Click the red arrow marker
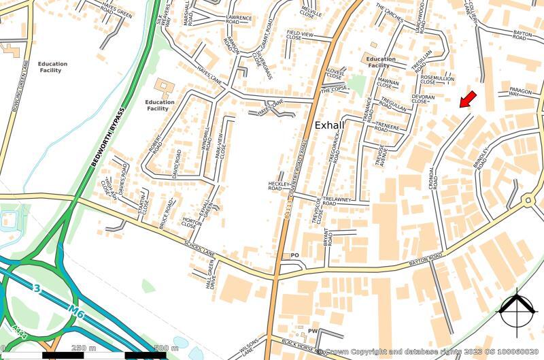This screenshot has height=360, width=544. [x=467, y=99]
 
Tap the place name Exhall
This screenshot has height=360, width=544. [x=330, y=125]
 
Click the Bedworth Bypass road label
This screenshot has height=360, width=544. [x=108, y=137]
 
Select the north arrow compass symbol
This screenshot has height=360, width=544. [x=518, y=310]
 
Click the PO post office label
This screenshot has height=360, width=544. [x=294, y=255]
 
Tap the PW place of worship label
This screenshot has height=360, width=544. [x=313, y=331]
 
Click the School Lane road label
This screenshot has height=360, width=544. [x=199, y=248]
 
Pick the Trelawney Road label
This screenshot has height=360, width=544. [x=339, y=199]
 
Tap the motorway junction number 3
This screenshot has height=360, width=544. [x=37, y=289]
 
